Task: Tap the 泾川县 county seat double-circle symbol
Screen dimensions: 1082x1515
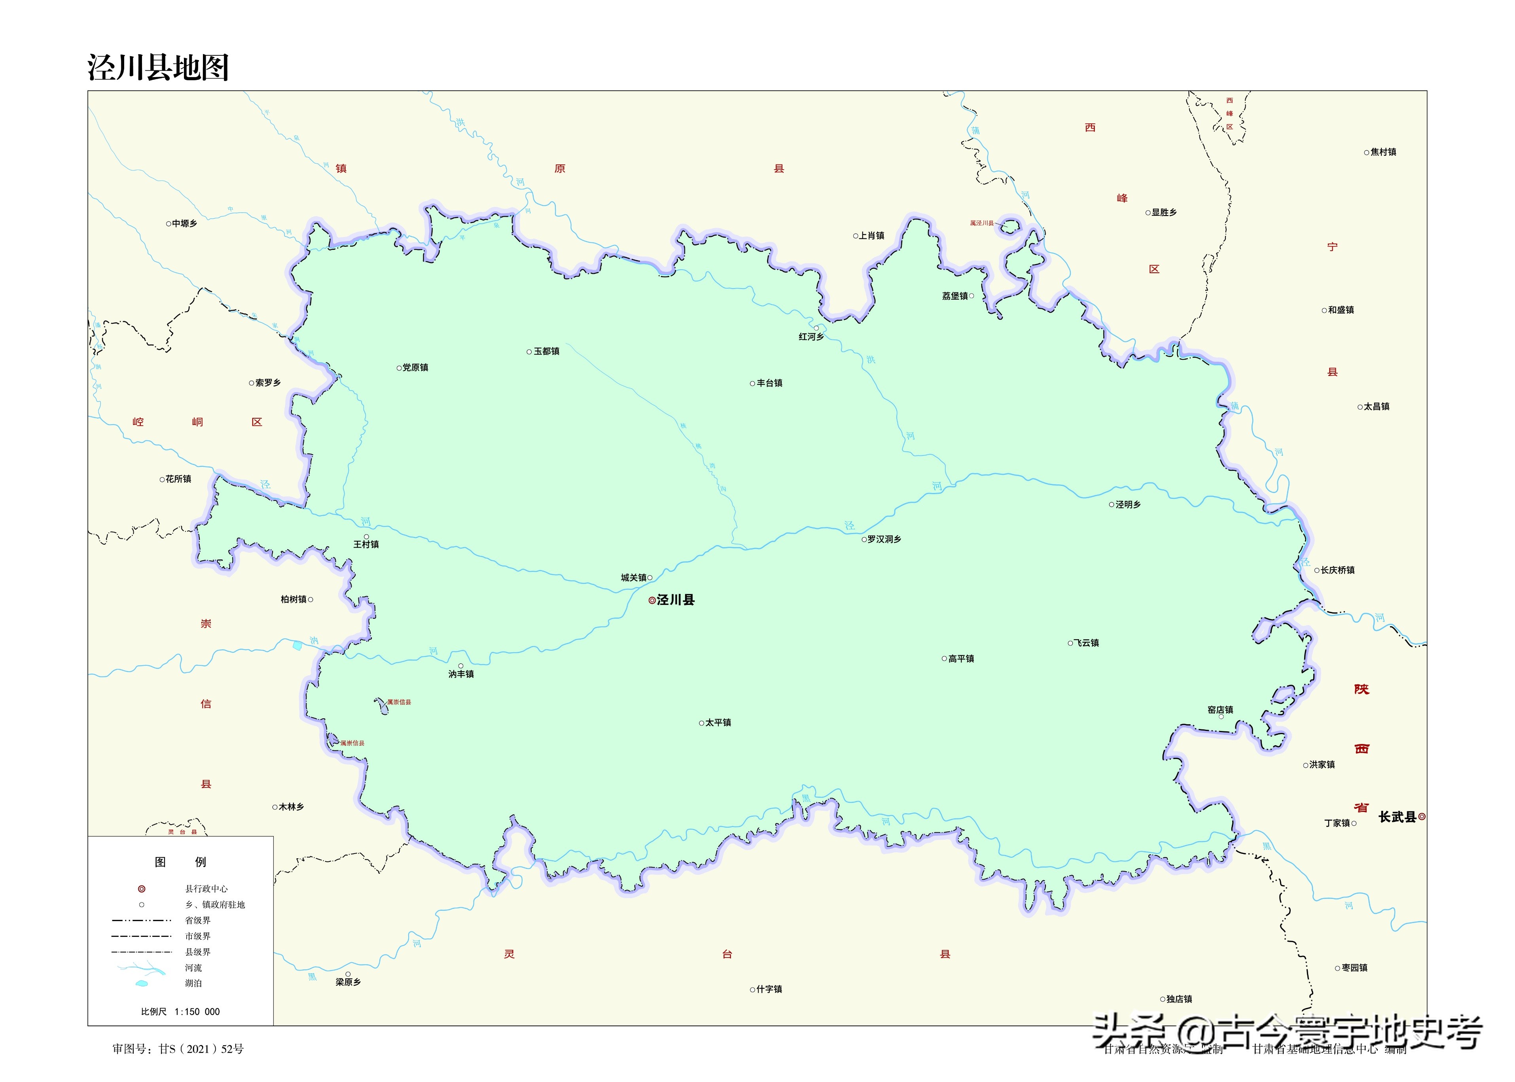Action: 652,600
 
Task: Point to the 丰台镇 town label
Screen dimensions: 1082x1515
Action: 769,383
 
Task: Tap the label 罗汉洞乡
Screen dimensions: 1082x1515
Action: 884,539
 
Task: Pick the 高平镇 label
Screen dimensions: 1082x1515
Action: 960,659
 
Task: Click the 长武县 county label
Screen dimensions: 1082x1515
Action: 1397,817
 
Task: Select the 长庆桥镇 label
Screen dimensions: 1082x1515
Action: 1337,570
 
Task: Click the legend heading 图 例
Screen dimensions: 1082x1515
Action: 180,862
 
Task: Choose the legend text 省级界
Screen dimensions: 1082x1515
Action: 197,920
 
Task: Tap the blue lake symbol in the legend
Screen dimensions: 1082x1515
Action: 141,984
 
